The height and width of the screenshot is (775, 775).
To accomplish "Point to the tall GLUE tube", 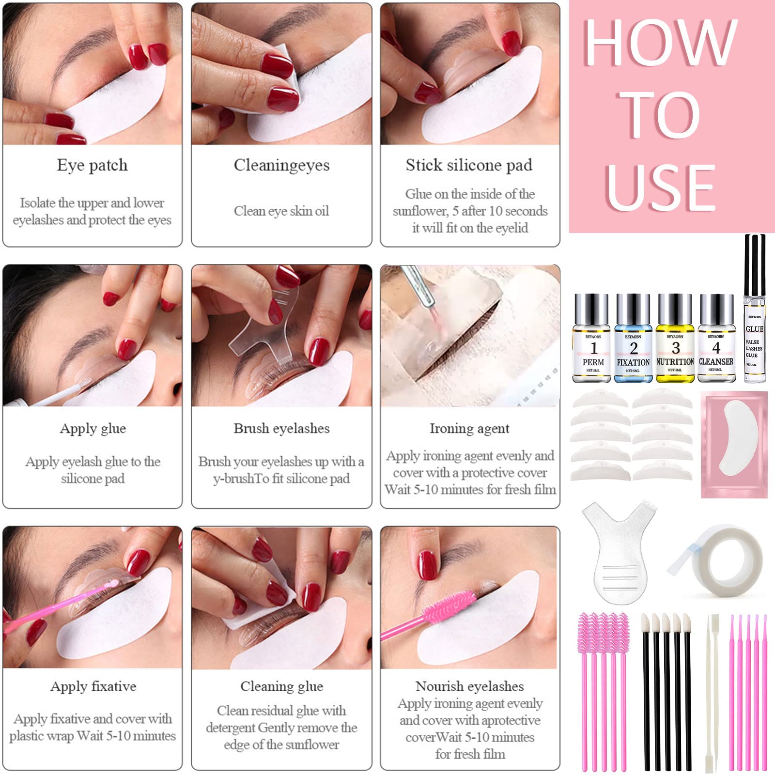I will coord(754,315).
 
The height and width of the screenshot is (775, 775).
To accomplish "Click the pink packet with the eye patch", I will coord(734,444).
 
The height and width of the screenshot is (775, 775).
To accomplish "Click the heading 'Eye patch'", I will coord(92,165).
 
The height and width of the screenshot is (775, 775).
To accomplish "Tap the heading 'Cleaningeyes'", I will coord(281,165).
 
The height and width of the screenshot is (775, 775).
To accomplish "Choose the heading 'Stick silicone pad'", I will coord(469,165).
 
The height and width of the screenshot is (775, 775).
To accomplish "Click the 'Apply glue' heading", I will coord(93,429).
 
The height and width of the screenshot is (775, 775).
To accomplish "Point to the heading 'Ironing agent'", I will coord(469,429).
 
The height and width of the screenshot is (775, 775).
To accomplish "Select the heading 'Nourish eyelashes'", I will coord(469,686).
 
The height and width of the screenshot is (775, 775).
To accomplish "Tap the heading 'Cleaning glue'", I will coord(281,686).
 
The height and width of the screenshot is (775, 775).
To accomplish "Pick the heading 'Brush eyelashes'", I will coord(281,429).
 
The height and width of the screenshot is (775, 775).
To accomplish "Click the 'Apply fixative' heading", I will coord(93,686).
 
